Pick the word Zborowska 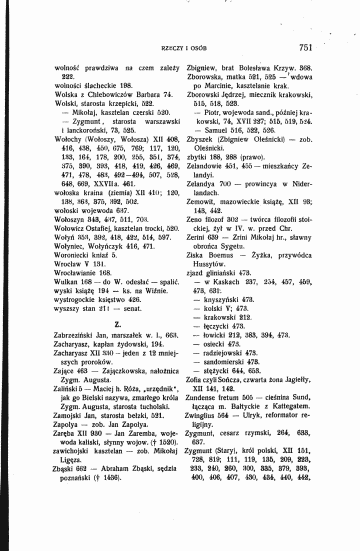tap(204, 74)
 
